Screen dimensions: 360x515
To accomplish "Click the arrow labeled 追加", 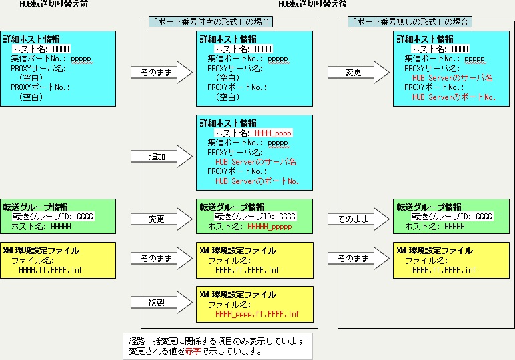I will pyautogui.click(x=157, y=157).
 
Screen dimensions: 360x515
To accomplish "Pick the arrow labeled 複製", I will pyautogui.click(x=157, y=302).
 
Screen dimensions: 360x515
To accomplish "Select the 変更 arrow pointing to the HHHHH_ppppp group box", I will pyautogui.click(x=157, y=218).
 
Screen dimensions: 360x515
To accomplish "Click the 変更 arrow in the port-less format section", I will pyautogui.click(x=354, y=72).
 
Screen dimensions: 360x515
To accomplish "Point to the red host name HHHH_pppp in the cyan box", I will pyautogui.click(x=273, y=133).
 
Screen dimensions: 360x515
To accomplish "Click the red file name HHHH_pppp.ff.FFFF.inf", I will pyautogui.click(x=257, y=314).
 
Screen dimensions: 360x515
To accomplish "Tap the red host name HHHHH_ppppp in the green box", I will pyautogui.click(x=270, y=227).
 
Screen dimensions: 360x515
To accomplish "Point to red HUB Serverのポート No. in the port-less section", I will pyautogui.click(x=454, y=97).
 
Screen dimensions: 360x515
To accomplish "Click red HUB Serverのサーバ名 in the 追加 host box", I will pyautogui.click(x=255, y=161).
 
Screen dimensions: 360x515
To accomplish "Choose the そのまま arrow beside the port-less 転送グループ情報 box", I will pyautogui.click(x=354, y=218).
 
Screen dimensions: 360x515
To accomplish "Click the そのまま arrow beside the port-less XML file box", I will pyautogui.click(x=354, y=257).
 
